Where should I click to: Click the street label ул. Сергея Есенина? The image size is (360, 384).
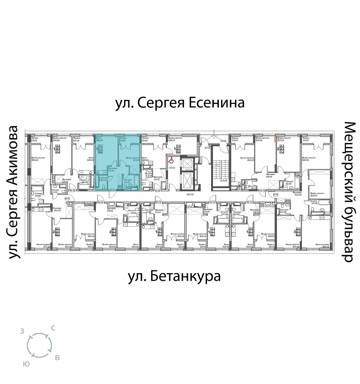tap(180, 103)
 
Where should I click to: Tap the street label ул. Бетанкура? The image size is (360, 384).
tap(174, 277)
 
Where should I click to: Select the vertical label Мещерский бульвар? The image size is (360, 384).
tap(348, 192)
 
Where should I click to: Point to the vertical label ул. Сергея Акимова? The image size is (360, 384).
tap(13, 192)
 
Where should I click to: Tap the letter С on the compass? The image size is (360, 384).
tap(53, 328)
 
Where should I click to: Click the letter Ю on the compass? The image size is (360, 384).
tap(26, 364)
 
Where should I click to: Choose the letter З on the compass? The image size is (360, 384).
tap(22, 332)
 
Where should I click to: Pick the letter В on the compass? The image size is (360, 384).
tap(57, 358)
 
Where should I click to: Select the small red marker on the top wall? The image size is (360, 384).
tap(276, 138)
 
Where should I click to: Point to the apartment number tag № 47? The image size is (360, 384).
tap(67, 198)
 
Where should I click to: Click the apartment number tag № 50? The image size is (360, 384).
tap(157, 191)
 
